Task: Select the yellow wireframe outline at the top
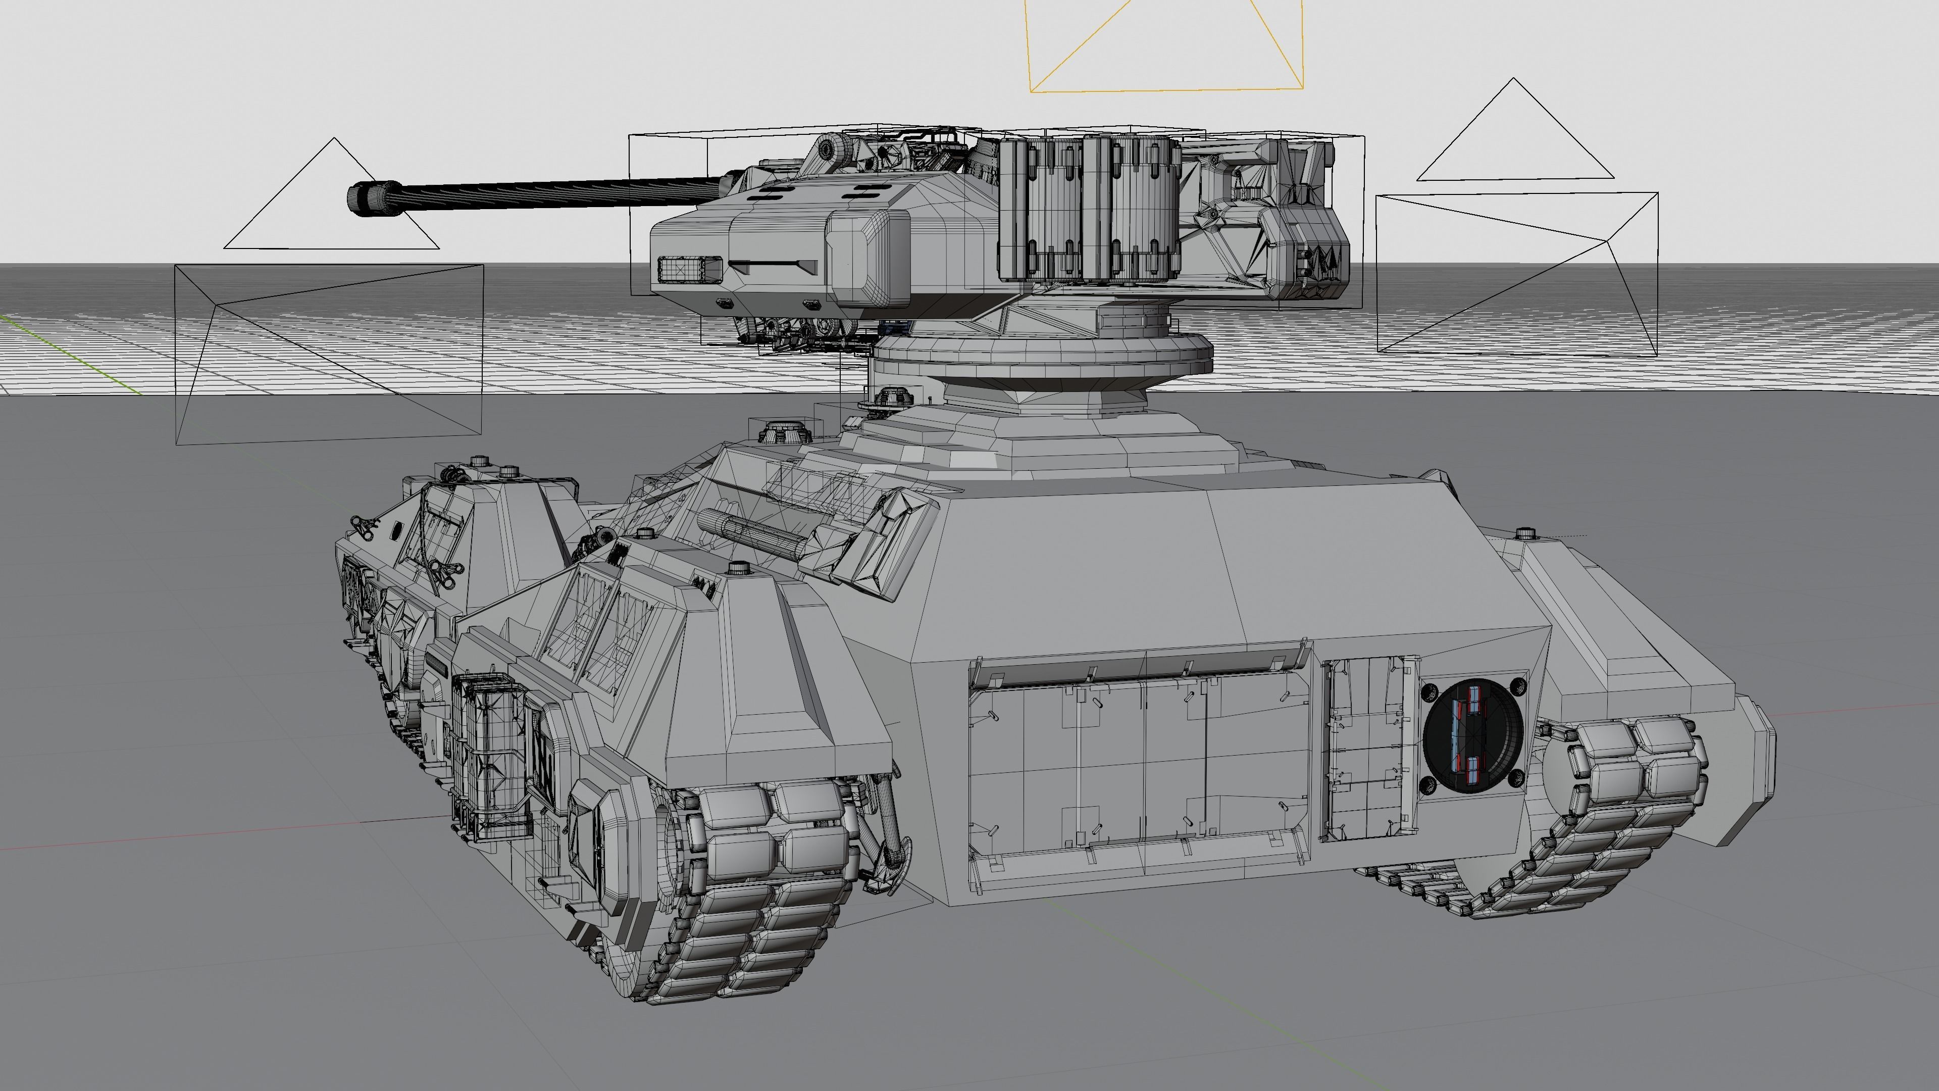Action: [1165, 89]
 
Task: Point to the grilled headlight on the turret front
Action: [689, 269]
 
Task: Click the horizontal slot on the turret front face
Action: [774, 265]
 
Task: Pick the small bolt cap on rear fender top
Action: [1525, 533]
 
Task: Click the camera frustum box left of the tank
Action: [328, 354]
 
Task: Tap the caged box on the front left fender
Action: [488, 753]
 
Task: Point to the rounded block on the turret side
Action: [868, 258]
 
